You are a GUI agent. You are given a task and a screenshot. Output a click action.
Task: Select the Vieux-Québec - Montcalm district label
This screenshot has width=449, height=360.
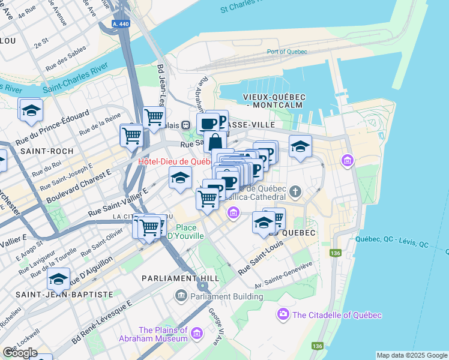[274, 101]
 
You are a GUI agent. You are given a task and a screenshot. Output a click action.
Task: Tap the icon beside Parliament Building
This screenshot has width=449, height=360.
[181, 296]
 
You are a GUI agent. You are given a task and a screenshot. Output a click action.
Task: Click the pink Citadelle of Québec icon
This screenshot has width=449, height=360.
[283, 314]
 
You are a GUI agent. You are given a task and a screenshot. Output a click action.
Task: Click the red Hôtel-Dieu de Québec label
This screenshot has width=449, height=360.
[174, 161]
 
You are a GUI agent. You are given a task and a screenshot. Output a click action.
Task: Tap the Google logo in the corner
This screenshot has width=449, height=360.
[20, 352]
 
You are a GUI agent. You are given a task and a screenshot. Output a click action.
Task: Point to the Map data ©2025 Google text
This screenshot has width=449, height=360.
[412, 355]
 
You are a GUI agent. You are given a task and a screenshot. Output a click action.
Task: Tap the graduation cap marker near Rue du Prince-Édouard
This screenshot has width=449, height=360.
[31, 110]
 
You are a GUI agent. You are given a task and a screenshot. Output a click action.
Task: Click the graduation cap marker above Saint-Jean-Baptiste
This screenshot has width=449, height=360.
[59, 279]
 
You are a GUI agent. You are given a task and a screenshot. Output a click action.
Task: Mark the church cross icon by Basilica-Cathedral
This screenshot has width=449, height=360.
[294, 192]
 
